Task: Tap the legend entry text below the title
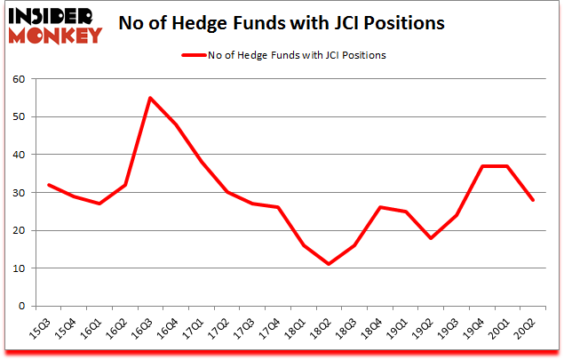coord(297,55)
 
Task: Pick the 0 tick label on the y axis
coord(20,307)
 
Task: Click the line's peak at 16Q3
coord(150,98)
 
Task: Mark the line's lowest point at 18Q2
coord(329,264)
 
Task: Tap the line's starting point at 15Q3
coord(48,185)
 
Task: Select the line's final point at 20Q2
coord(533,200)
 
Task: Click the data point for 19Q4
coord(482,166)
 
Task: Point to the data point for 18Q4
coord(380,207)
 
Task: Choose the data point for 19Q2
coord(431,237)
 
